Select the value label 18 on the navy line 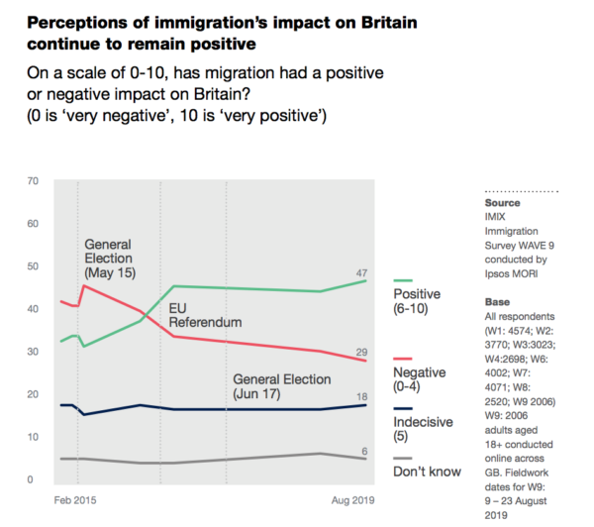362,396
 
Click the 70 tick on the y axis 33,181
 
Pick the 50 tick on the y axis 33,266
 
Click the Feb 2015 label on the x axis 75,504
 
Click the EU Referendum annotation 205,315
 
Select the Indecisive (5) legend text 424,429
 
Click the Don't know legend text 427,472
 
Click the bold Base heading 497,301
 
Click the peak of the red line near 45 84,286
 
